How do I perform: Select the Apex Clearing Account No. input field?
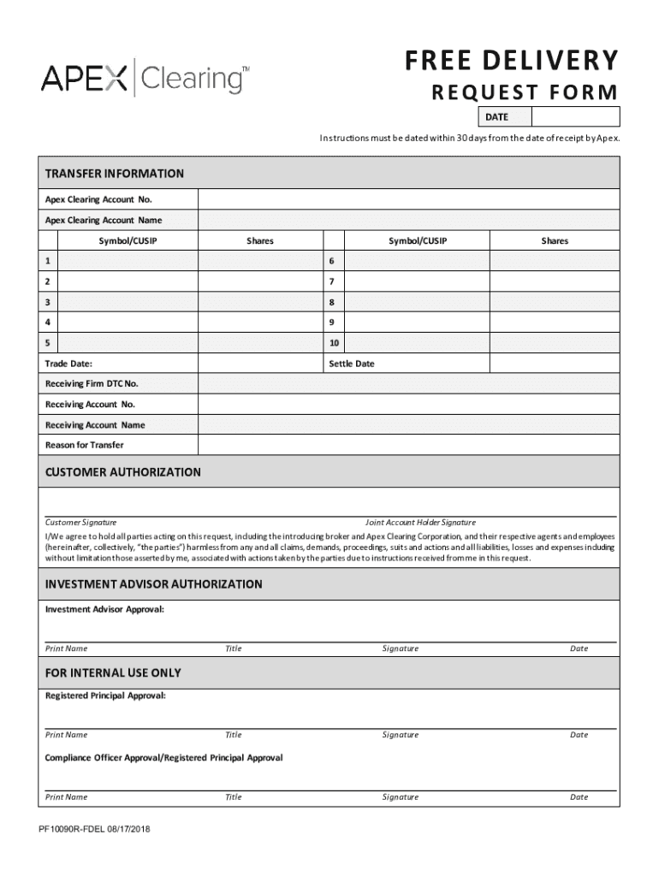click(408, 199)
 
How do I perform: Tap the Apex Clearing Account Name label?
click(104, 220)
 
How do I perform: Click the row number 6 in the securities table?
click(330, 261)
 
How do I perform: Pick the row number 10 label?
click(334, 343)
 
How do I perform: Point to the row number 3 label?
click(48, 302)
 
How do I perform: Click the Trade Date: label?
click(69, 364)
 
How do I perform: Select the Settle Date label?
click(352, 364)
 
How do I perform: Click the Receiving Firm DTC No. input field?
click(408, 384)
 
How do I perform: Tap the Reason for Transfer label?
click(84, 445)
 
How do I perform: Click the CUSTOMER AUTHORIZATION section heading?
click(123, 472)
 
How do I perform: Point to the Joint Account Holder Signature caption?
click(420, 522)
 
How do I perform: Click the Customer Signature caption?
click(81, 522)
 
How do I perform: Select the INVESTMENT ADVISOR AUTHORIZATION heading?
click(154, 584)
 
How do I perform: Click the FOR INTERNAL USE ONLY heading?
click(113, 673)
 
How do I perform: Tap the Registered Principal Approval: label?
click(105, 695)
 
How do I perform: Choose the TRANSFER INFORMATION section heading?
click(115, 174)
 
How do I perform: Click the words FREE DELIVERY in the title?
click(511, 61)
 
